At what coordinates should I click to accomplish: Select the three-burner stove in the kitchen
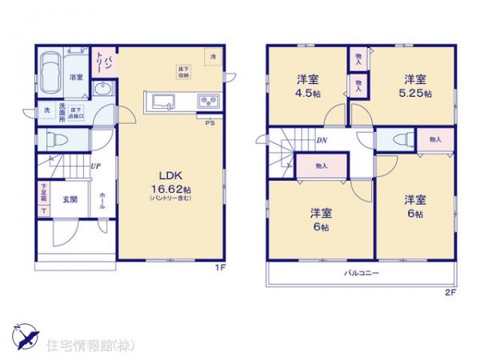click(x=208, y=102)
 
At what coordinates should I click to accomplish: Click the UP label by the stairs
click(x=95, y=166)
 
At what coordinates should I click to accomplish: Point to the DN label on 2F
click(x=321, y=142)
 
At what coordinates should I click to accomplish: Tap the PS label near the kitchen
click(x=210, y=122)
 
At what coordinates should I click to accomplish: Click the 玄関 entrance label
click(x=70, y=200)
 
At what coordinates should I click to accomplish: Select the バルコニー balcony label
click(x=362, y=272)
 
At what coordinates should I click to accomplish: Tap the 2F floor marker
click(x=450, y=292)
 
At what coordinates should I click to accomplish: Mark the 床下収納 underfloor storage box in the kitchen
click(x=183, y=71)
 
